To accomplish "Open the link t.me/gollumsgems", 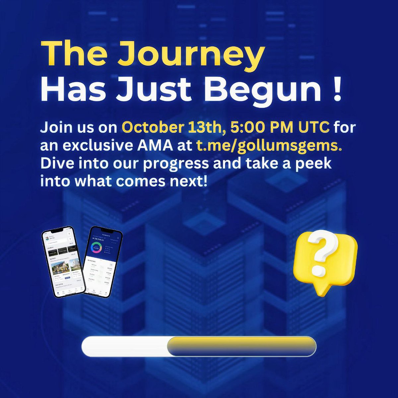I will (269, 146).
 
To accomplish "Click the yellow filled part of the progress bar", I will (241, 346).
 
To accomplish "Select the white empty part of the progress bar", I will (124, 346).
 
